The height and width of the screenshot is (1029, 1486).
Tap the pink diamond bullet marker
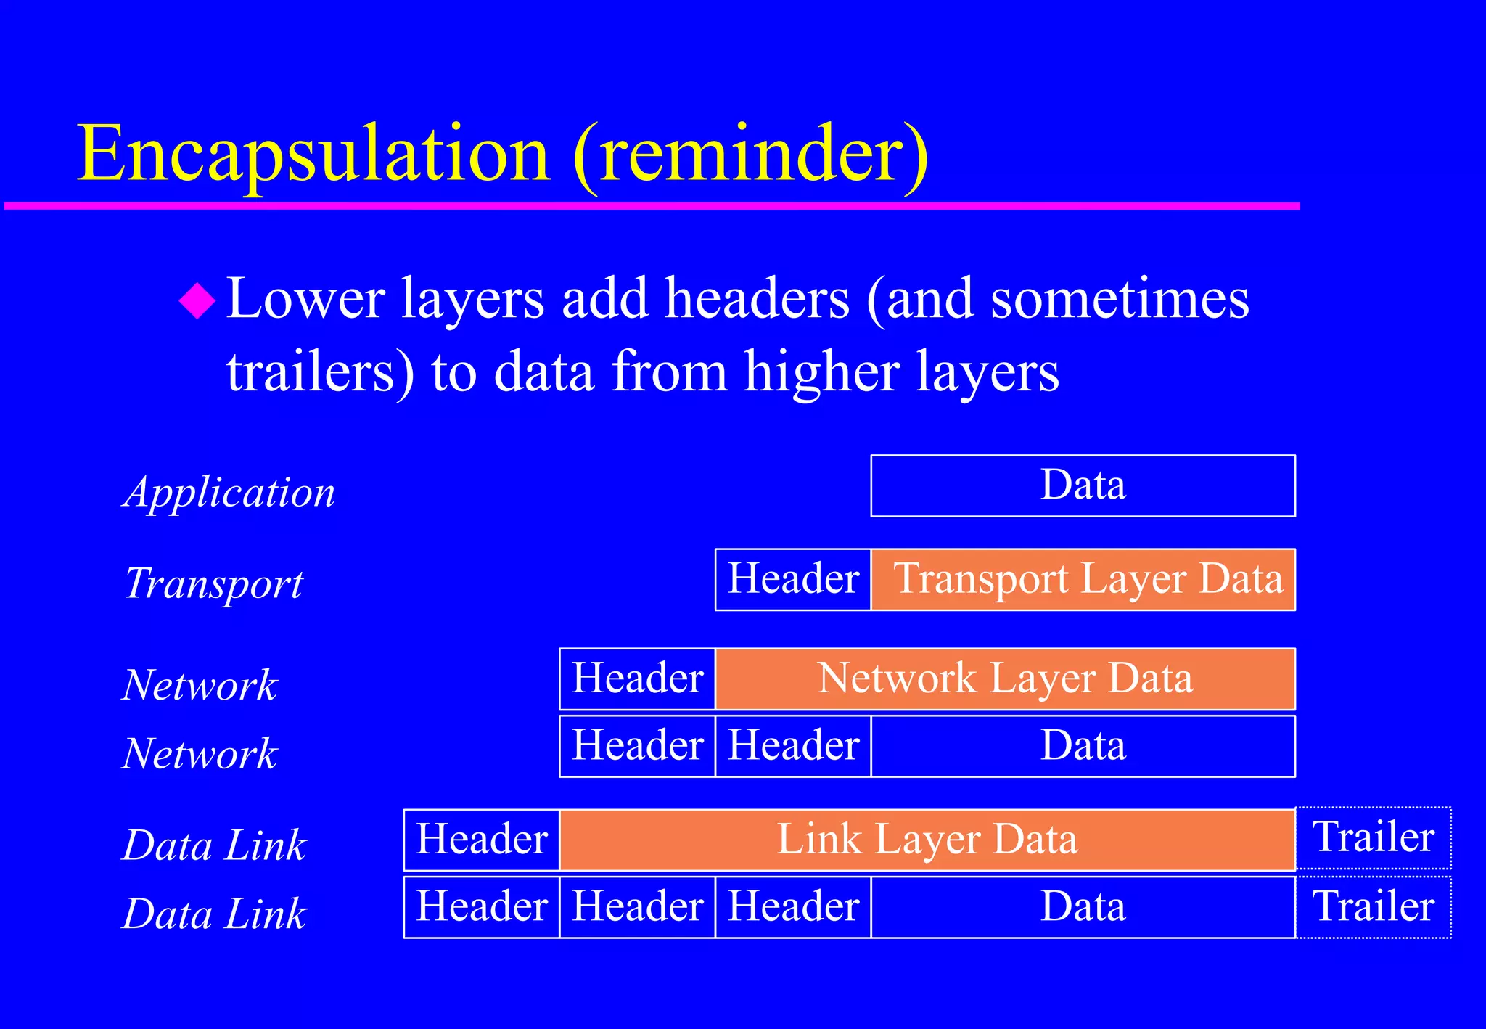[x=197, y=300]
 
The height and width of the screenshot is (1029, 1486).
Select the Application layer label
[x=229, y=492]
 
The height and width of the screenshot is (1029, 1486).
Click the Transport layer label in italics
[x=213, y=583]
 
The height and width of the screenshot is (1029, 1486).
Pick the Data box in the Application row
[x=1083, y=485]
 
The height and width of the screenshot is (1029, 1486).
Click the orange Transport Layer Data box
[x=1083, y=579]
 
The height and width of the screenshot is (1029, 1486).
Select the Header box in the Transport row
[x=793, y=579]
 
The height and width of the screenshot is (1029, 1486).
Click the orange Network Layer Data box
[x=1005, y=679]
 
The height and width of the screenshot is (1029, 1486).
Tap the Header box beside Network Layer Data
[x=637, y=679]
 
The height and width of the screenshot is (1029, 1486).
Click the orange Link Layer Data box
[x=927, y=840]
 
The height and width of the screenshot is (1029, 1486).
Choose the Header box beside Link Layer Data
[x=482, y=840]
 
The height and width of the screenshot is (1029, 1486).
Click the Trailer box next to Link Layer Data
[x=1373, y=837]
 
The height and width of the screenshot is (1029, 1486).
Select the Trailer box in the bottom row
[x=1373, y=907]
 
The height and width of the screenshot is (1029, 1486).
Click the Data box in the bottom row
[x=1083, y=907]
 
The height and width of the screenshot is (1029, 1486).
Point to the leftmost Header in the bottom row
[x=482, y=907]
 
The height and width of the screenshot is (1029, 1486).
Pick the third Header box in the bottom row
[x=793, y=907]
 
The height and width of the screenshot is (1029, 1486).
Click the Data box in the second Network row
[x=1083, y=746]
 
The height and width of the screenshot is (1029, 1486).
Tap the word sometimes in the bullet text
[x=1120, y=299]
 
